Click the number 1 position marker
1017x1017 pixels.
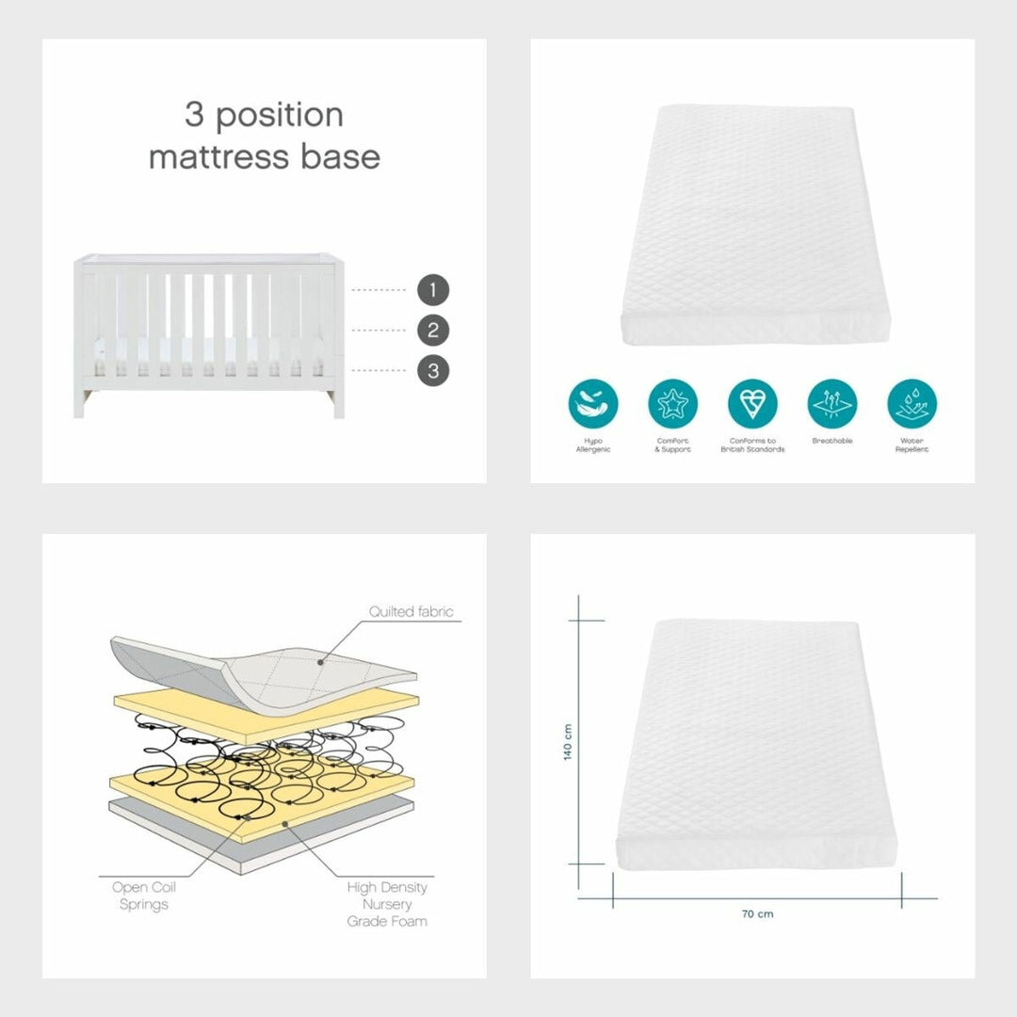click(433, 290)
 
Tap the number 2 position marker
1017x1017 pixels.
click(433, 331)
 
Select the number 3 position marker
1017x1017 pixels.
click(433, 371)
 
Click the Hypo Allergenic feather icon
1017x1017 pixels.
click(593, 404)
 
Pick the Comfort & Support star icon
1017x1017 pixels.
click(672, 404)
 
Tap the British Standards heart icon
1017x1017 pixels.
click(752, 404)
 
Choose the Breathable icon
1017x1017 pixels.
click(832, 404)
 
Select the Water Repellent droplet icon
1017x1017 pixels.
click(912, 404)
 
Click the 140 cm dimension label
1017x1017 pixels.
click(568, 742)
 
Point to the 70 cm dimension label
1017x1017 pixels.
click(757, 913)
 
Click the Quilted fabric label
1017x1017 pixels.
click(411, 611)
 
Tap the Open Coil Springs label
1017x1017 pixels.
click(144, 896)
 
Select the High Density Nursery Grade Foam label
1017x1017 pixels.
click(387, 904)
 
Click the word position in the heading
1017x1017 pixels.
click(279, 116)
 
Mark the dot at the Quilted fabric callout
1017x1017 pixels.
click(320, 662)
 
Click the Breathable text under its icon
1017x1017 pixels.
click(832, 441)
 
